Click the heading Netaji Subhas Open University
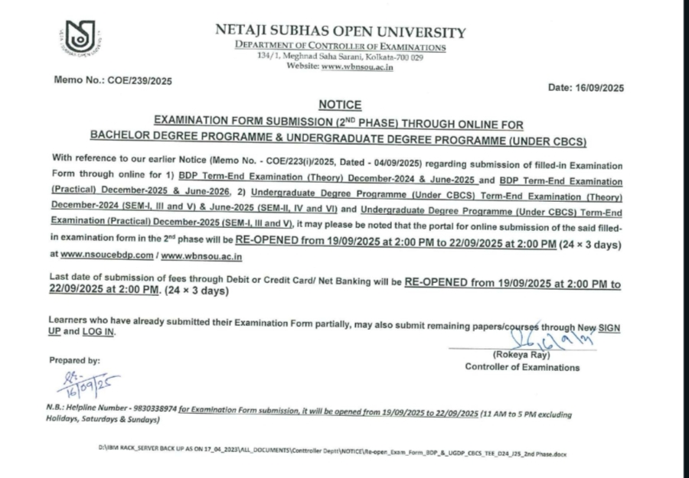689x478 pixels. tap(340, 32)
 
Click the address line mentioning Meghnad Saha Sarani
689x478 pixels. tap(340, 57)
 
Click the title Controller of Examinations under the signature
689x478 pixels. tap(522, 367)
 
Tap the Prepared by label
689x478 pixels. tap(74, 360)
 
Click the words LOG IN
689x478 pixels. tap(100, 333)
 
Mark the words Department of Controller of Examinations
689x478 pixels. tap(340, 47)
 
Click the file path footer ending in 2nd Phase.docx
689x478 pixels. tap(333, 452)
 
